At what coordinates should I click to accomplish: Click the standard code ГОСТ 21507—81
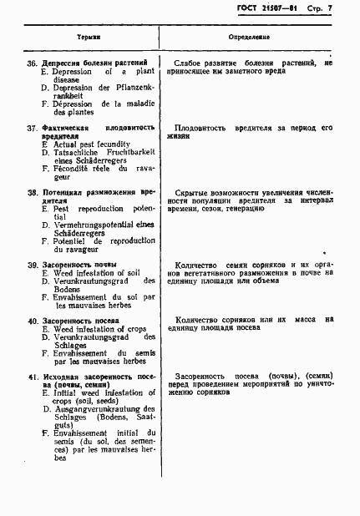(278, 9)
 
